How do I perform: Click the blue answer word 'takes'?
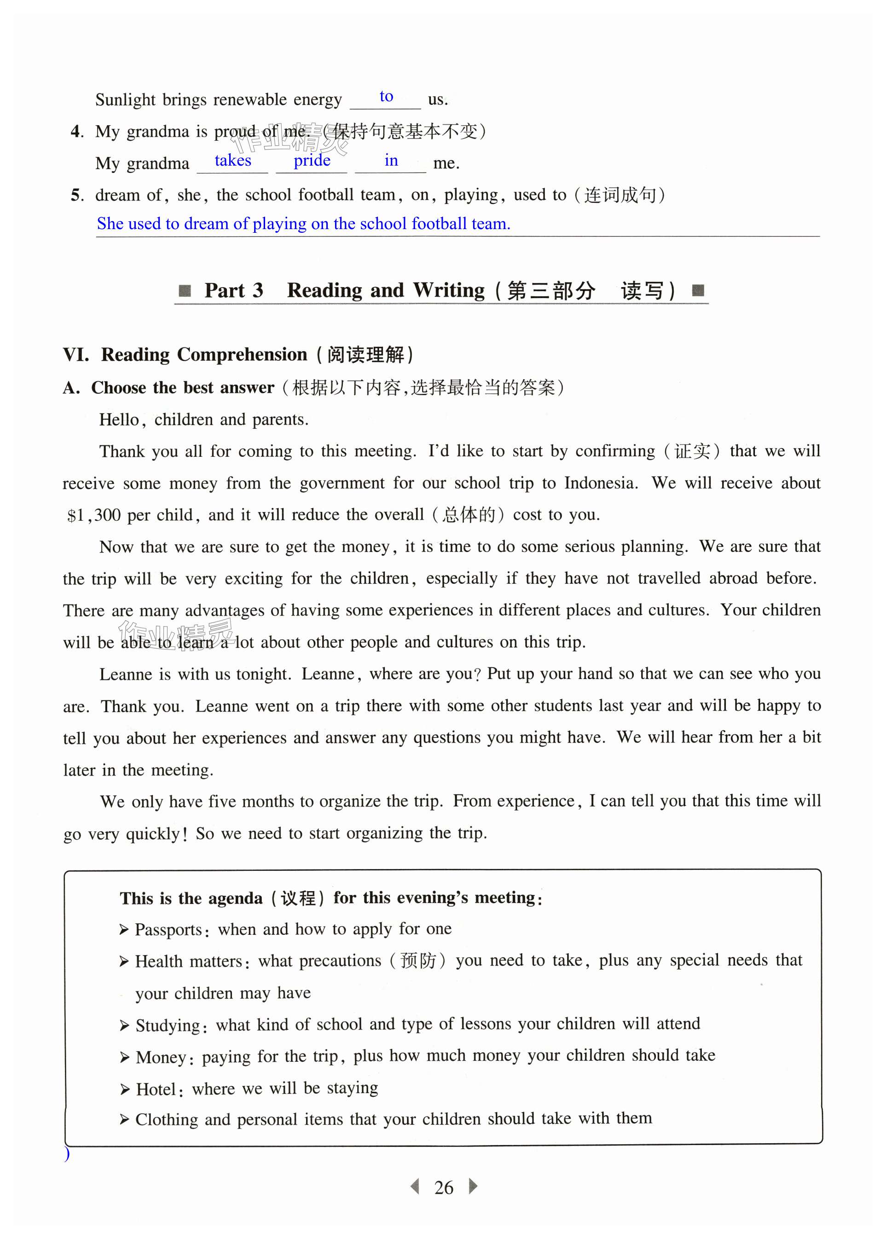point(232,161)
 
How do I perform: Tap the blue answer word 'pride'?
point(312,161)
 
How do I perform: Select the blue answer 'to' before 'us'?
point(386,97)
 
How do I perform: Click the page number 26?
point(444,1187)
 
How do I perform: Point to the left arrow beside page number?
point(415,1186)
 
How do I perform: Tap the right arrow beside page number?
point(473,1186)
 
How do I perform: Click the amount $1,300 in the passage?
point(94,515)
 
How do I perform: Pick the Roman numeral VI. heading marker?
point(76,355)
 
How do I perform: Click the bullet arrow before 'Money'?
point(124,1058)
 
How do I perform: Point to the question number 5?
point(76,195)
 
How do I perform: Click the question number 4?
point(76,132)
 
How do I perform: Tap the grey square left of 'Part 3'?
point(185,291)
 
